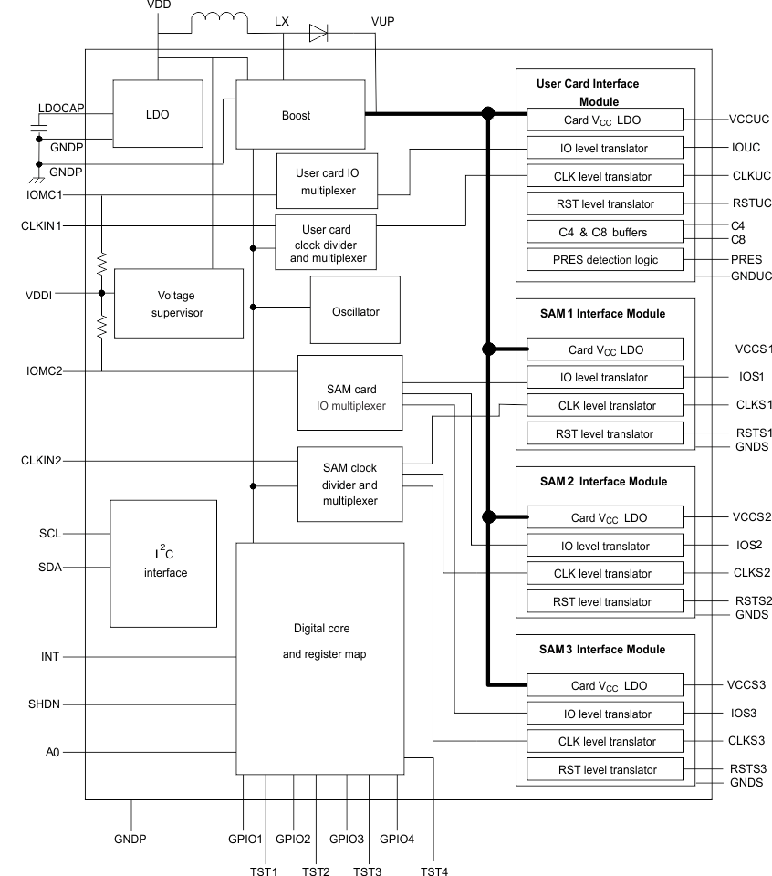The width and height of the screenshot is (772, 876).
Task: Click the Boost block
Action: pyautogui.click(x=296, y=115)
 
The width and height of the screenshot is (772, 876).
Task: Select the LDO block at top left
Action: pyautogui.click(x=157, y=115)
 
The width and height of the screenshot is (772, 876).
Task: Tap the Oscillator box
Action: pyautogui.click(x=355, y=311)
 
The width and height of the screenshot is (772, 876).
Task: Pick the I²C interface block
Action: pyautogui.click(x=165, y=562)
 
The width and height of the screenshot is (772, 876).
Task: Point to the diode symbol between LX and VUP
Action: pyautogui.click(x=318, y=35)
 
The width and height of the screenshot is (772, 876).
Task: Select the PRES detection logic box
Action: pyautogui.click(x=604, y=259)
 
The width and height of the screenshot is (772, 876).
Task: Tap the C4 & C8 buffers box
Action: pyautogui.click(x=604, y=231)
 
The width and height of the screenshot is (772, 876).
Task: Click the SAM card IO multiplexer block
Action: pyautogui.click(x=349, y=392)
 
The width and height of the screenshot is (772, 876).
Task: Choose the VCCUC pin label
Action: pyautogui.click(x=749, y=119)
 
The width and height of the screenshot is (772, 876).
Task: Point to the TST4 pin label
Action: pyautogui.click(x=433, y=871)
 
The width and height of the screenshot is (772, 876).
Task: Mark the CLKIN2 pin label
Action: pyautogui.click(x=41, y=461)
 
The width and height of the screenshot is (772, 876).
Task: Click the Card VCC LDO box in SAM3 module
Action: pyautogui.click(x=604, y=684)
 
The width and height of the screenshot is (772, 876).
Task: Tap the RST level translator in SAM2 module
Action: pyautogui.click(x=604, y=601)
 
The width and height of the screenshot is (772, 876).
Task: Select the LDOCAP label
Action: pyautogui.click(x=61, y=108)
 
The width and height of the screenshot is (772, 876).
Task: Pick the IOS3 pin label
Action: pyautogui.click(x=744, y=713)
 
